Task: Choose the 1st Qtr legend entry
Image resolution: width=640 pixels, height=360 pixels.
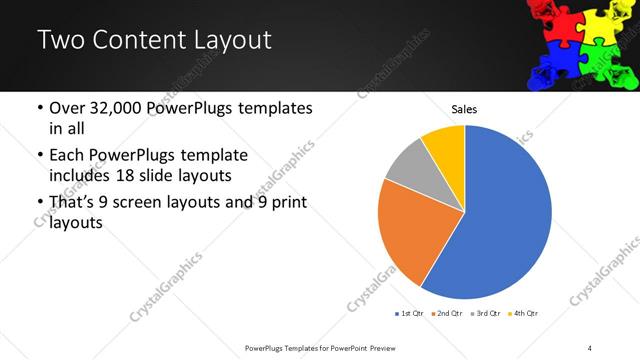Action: click(409, 313)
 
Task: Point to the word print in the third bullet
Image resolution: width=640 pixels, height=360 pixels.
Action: click(287, 203)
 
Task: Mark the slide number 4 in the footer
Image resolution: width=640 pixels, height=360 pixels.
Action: click(590, 347)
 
